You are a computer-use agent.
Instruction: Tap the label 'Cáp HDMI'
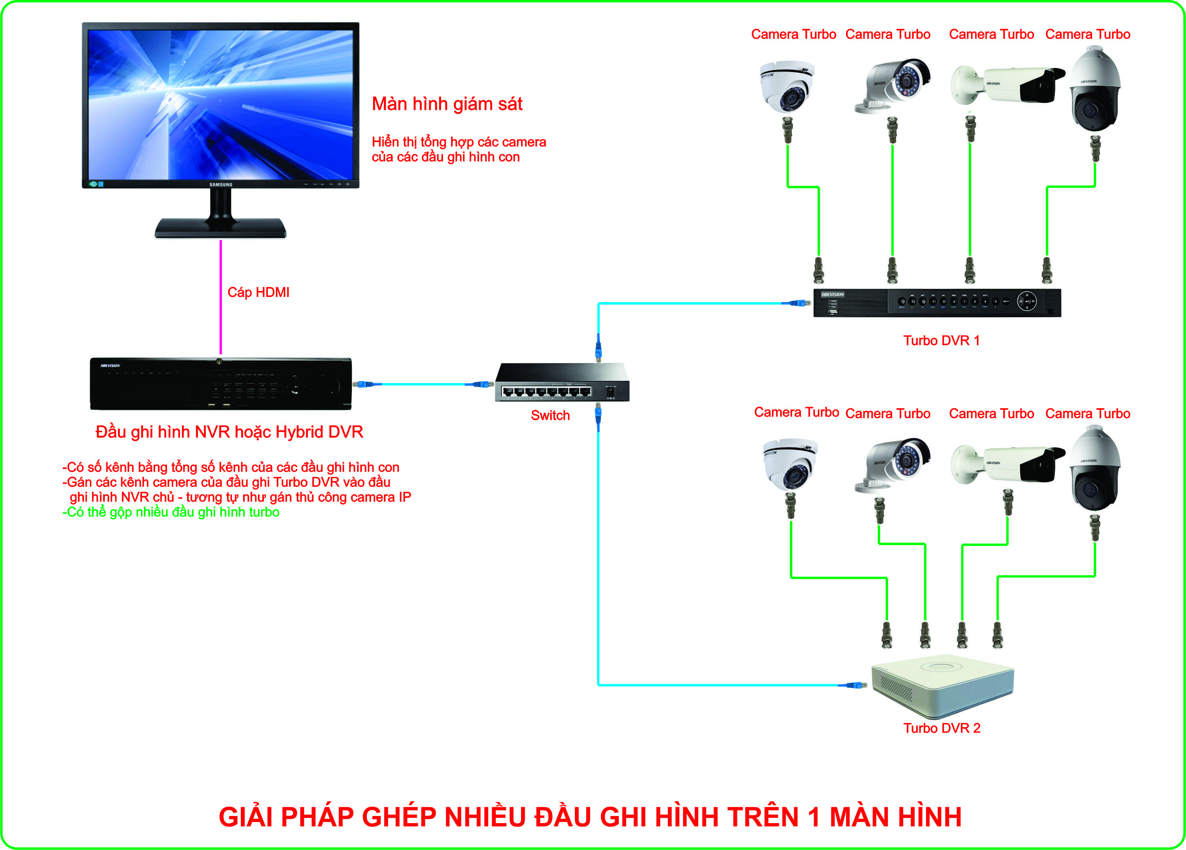click(258, 292)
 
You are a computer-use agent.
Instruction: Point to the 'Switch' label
click(550, 415)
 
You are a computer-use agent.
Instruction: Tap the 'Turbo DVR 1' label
click(941, 341)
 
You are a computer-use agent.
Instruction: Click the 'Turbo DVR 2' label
click(942, 728)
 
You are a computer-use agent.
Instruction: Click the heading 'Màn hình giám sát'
click(447, 104)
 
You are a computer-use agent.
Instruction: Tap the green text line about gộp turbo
click(171, 512)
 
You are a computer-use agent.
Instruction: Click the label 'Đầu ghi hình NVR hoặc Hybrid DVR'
click(229, 432)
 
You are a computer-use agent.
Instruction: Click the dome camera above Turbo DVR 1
click(787, 86)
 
